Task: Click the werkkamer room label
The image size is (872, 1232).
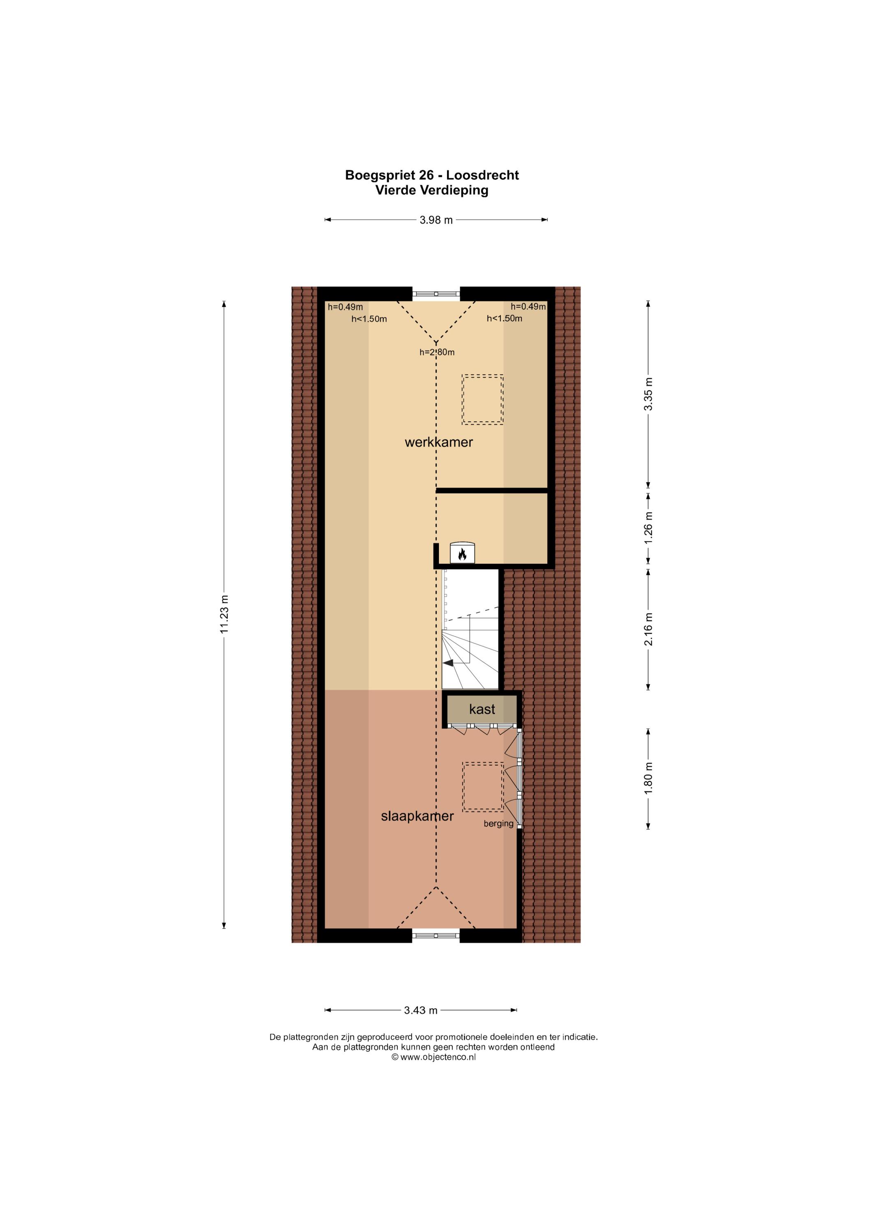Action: (439, 443)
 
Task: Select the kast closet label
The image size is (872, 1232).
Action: (482, 709)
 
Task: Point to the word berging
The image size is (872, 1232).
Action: (498, 824)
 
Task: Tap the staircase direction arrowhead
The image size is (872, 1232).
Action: (448, 663)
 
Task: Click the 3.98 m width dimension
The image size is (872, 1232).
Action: (436, 219)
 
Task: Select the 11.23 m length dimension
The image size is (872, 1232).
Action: (224, 614)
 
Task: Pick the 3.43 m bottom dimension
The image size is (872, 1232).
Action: (420, 1010)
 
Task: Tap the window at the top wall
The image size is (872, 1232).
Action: (436, 294)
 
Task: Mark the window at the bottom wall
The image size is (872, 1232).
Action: (436, 936)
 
